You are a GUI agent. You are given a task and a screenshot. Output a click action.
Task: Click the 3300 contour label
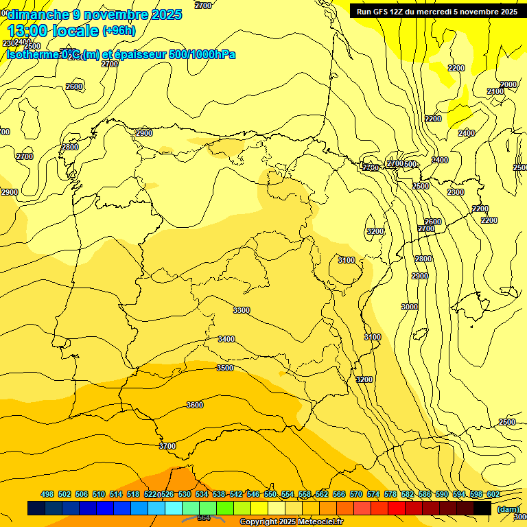tap(242, 311)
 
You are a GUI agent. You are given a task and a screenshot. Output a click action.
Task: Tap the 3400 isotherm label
tap(226, 340)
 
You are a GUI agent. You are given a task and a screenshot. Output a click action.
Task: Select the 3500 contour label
tap(225, 368)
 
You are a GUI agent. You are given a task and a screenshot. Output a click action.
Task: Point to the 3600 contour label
tap(195, 406)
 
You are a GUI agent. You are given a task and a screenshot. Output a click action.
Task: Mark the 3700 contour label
tap(167, 447)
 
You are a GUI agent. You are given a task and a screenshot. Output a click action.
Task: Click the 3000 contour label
tap(410, 307)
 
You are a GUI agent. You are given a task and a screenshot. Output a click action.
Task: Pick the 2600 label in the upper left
tap(74, 87)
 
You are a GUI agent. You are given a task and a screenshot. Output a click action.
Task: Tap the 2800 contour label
tap(70, 148)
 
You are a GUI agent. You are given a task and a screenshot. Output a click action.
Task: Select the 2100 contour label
tap(495, 92)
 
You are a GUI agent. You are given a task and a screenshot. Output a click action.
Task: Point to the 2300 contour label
tap(456, 193)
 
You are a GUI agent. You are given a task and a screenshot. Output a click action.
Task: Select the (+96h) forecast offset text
tap(119, 31)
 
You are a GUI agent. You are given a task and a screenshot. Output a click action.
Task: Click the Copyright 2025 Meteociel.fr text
tap(290, 522)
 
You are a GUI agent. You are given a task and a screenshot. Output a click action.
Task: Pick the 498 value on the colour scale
tap(47, 495)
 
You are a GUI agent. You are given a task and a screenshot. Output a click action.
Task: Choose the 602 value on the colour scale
tap(493, 495)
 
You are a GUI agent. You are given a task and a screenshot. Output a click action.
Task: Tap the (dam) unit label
tap(508, 509)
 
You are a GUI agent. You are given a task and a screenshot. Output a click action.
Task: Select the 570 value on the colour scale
tap(356, 495)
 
